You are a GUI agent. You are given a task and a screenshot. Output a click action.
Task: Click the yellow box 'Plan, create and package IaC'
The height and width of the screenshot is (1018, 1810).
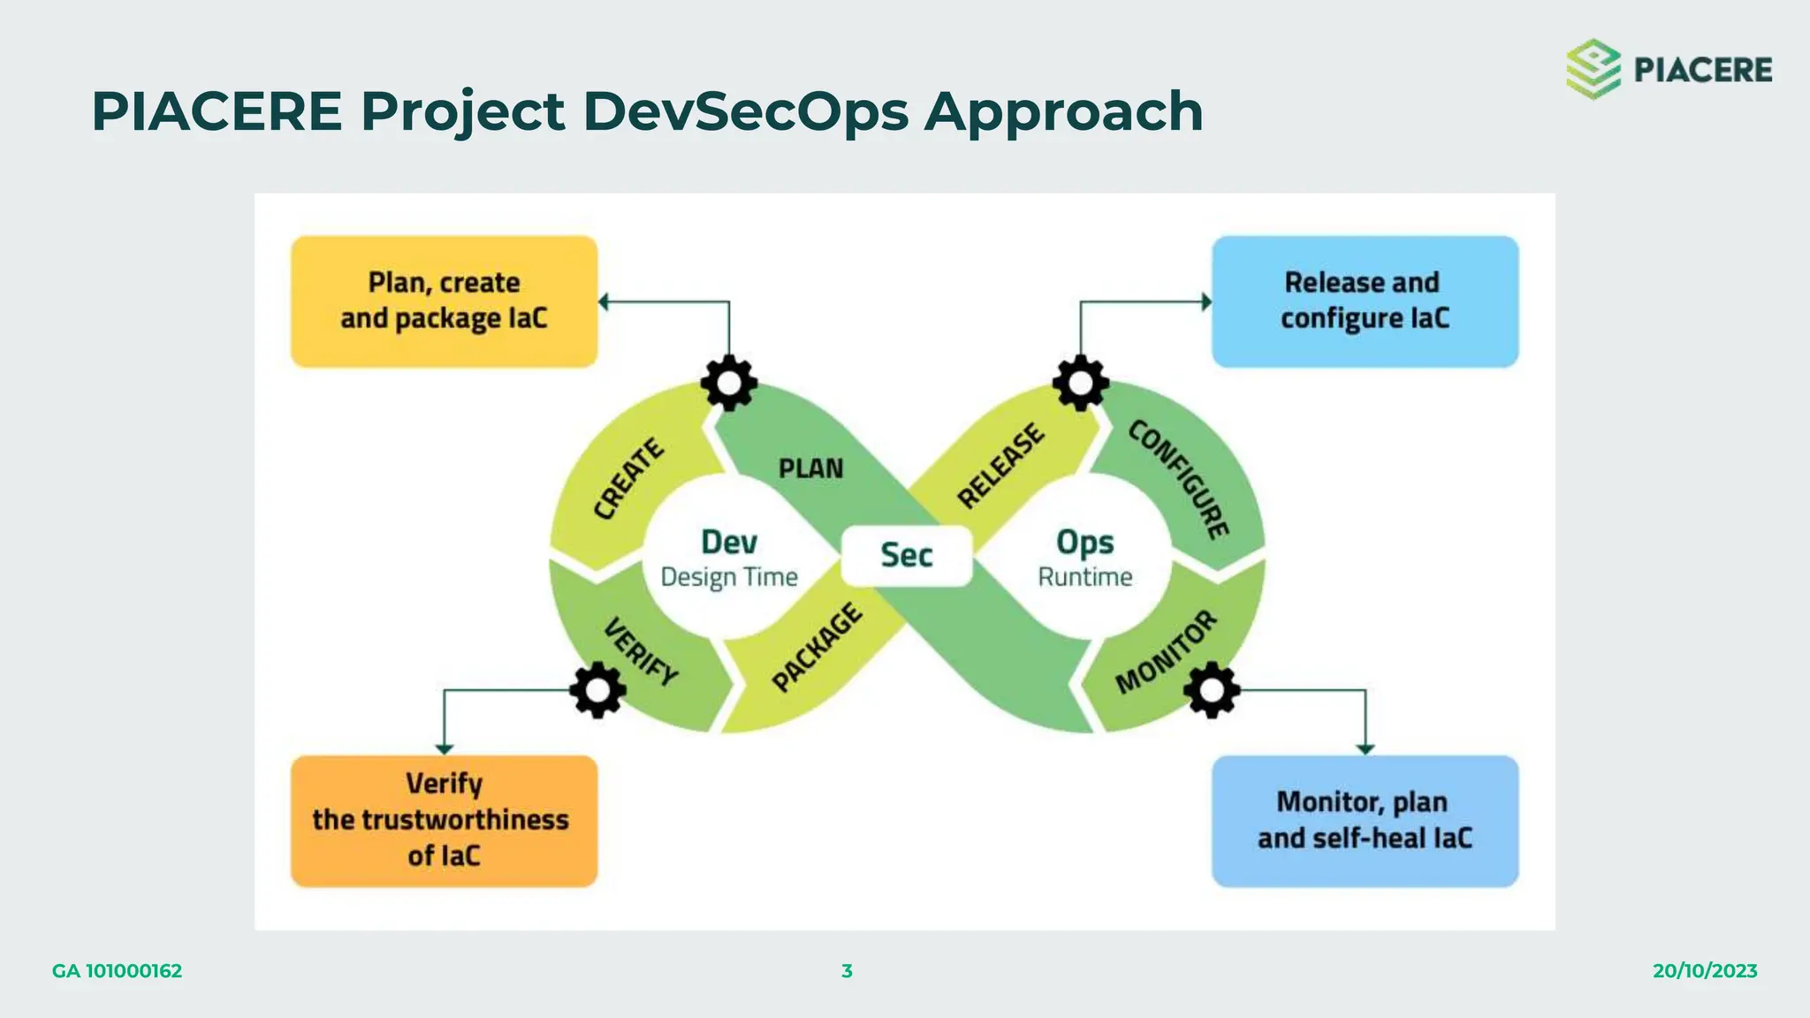point(444,301)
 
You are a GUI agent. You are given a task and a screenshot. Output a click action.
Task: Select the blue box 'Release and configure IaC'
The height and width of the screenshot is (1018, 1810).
point(1365,301)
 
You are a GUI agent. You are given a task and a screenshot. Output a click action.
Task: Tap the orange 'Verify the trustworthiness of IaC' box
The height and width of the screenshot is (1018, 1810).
point(444,821)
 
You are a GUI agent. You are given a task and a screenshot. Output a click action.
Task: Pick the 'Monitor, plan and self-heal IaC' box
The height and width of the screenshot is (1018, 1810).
point(1365,821)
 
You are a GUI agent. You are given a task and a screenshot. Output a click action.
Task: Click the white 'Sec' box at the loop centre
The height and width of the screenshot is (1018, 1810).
point(907,555)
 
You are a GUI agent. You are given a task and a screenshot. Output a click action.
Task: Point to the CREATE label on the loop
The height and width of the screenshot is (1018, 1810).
point(627,478)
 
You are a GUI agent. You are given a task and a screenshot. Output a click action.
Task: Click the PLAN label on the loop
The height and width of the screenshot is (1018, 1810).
point(810,468)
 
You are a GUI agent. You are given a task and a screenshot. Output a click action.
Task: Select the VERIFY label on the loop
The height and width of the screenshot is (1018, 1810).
point(641,652)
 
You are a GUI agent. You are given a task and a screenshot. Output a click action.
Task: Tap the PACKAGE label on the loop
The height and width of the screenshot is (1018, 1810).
point(817,647)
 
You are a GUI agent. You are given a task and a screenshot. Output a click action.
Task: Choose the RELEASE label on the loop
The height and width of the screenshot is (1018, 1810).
point(1000,466)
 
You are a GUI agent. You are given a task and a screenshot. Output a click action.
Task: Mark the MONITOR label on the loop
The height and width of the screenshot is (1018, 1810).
point(1166,652)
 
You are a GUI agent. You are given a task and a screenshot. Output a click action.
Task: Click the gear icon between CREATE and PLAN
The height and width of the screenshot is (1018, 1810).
point(729,383)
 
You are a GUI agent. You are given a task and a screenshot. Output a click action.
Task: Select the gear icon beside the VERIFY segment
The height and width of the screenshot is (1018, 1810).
point(597,689)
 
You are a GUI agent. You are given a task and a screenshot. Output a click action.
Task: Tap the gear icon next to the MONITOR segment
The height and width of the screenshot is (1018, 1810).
point(1211,689)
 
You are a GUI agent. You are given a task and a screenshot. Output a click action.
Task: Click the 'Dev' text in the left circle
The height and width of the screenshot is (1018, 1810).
point(729,542)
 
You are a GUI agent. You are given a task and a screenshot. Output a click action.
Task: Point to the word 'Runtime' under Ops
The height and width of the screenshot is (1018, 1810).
point(1084,577)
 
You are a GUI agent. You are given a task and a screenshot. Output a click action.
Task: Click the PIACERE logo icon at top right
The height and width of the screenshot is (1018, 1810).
point(1593,69)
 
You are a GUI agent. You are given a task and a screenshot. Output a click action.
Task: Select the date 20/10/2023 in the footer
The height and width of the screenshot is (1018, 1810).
point(1704,970)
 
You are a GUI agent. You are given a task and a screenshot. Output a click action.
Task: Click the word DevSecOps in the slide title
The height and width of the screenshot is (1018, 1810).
point(745,112)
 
